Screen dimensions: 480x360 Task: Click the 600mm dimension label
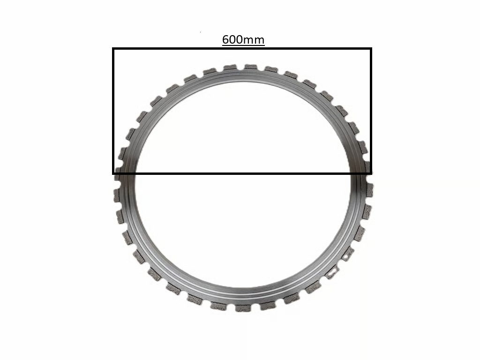[x=243, y=39]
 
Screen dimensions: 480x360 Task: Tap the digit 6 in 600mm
[x=225, y=39]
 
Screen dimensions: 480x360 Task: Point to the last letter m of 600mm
[x=259, y=41]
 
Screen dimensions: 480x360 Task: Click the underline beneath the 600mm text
[x=243, y=46]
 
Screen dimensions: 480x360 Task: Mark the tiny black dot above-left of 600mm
[x=201, y=31]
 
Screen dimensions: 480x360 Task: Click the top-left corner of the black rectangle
[x=113, y=48]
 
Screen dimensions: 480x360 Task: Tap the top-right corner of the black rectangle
[x=371, y=48]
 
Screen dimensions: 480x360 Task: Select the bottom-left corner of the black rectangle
[x=113, y=173]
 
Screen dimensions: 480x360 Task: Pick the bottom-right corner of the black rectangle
[x=371, y=173]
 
